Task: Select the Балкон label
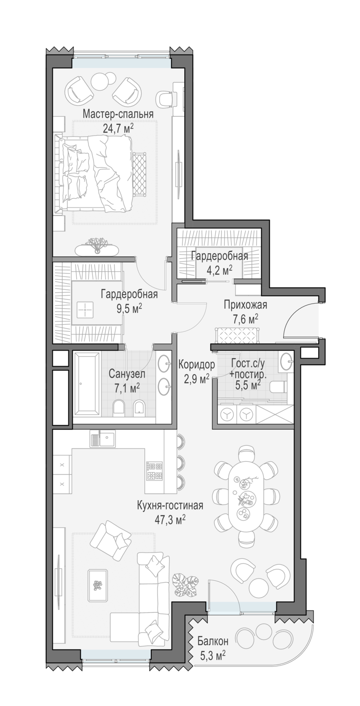[213, 641]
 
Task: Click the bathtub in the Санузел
[87, 384]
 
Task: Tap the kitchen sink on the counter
[103, 439]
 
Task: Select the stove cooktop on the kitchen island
[155, 470]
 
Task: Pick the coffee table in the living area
[98, 585]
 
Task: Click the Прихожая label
[245, 305]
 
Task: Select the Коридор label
[196, 364]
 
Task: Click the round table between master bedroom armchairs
[104, 81]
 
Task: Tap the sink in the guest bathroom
[286, 361]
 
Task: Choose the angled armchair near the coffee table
[111, 541]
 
